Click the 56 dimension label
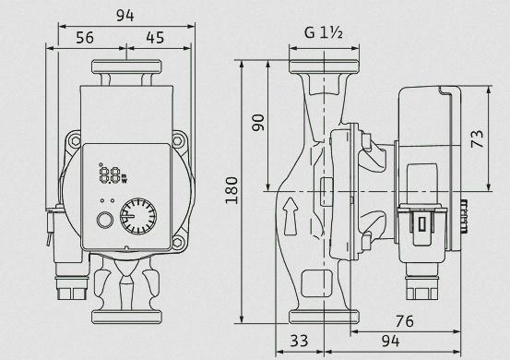point(85,38)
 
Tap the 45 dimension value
point(155,38)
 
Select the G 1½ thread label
point(324,32)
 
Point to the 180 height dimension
point(231,190)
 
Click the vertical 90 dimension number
point(259,123)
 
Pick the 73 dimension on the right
point(477,138)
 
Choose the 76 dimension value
point(405,321)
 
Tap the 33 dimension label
point(299,341)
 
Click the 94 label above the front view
point(125,16)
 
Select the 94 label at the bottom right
point(390,341)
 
